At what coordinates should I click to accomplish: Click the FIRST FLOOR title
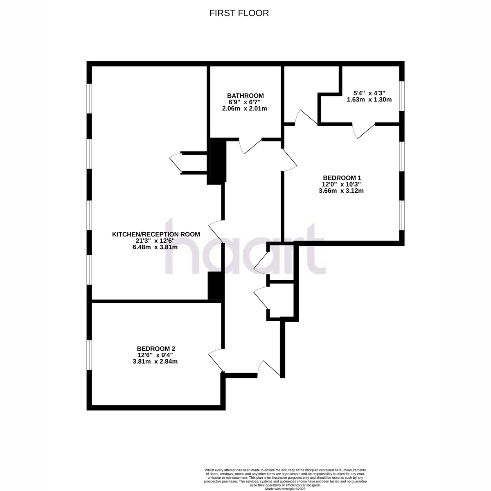tap(239, 13)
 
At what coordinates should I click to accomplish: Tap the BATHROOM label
tap(245, 96)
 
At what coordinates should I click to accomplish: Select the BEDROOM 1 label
tap(342, 178)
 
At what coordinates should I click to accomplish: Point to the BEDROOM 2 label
tap(156, 349)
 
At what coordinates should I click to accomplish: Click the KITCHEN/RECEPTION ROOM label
tap(156, 234)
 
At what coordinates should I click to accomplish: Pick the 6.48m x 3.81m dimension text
tap(155, 247)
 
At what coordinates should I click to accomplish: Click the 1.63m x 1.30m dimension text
tap(369, 99)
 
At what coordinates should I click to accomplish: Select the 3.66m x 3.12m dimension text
tap(341, 191)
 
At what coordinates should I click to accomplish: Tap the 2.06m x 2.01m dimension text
tap(245, 108)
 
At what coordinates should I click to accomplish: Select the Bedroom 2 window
tap(89, 355)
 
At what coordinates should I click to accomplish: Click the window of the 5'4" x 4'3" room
tap(401, 96)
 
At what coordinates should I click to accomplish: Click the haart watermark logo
tap(245, 245)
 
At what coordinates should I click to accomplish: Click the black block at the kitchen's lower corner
tap(214, 286)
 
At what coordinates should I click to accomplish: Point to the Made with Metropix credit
tap(285, 489)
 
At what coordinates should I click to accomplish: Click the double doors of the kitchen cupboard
tap(176, 163)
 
